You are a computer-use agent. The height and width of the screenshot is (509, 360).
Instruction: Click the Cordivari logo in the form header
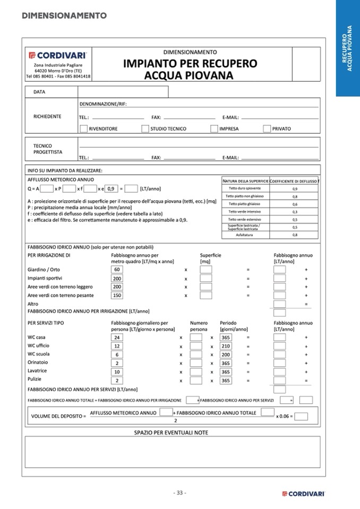pyautogui.click(x=58, y=55)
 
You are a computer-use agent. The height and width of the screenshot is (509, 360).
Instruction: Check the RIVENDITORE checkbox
pyautogui.click(x=83, y=128)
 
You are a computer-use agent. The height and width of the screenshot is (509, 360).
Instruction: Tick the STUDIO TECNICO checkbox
pyautogui.click(x=145, y=128)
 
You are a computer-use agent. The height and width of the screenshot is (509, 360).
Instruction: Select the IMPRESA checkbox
pyautogui.click(x=214, y=128)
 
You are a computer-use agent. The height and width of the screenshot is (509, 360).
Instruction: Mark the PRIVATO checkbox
pyautogui.click(x=267, y=128)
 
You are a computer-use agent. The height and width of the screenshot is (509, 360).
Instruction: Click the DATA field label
pyautogui.click(x=39, y=92)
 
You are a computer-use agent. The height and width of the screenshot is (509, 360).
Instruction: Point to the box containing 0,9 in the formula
pyautogui.click(x=111, y=188)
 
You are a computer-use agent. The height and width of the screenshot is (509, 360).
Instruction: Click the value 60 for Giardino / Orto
pyautogui.click(x=117, y=270)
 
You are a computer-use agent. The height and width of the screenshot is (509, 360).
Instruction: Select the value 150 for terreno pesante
pyautogui.click(x=117, y=295)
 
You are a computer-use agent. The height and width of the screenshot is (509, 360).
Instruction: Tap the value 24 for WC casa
pyautogui.click(x=117, y=338)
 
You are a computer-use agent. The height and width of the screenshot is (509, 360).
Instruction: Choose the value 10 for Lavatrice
pyautogui.click(x=117, y=372)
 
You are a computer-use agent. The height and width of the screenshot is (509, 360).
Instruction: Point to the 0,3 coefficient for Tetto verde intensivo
pyautogui.click(x=295, y=212)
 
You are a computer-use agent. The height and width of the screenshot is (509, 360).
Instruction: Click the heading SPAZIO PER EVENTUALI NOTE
pyautogui.click(x=171, y=433)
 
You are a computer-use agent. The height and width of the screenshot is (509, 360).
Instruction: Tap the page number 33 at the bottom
pyautogui.click(x=179, y=493)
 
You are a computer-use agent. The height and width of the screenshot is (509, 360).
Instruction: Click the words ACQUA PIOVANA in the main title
pyautogui.click(x=188, y=75)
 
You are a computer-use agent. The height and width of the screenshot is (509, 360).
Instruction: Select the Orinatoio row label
pyautogui.click(x=38, y=363)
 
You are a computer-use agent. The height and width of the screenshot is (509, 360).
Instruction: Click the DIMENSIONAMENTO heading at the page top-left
pyautogui.click(x=64, y=15)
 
